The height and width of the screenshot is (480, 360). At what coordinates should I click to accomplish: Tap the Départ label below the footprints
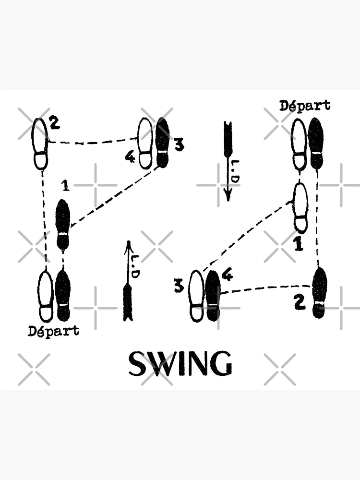point(53,331)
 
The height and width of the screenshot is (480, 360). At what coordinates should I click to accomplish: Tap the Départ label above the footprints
point(305,106)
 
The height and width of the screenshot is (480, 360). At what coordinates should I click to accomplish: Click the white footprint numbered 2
point(41,144)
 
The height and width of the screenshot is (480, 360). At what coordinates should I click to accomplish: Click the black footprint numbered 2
point(319,292)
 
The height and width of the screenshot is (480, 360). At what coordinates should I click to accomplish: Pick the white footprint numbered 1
point(300,207)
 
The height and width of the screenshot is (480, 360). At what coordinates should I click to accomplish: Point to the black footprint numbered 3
point(163,143)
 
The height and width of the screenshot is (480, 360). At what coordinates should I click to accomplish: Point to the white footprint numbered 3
point(196,296)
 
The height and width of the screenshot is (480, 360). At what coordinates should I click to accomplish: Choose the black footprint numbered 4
point(212,296)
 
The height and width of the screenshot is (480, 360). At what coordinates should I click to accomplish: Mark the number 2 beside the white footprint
point(55,124)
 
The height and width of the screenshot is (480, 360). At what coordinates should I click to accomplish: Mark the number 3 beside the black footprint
point(179,145)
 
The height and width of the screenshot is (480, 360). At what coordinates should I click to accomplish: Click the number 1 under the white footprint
point(299,245)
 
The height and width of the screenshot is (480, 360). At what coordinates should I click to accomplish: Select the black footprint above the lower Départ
point(63,295)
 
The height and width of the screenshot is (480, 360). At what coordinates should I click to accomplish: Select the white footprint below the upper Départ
point(299,144)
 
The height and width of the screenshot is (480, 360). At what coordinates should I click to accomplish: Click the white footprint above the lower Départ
point(46,296)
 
